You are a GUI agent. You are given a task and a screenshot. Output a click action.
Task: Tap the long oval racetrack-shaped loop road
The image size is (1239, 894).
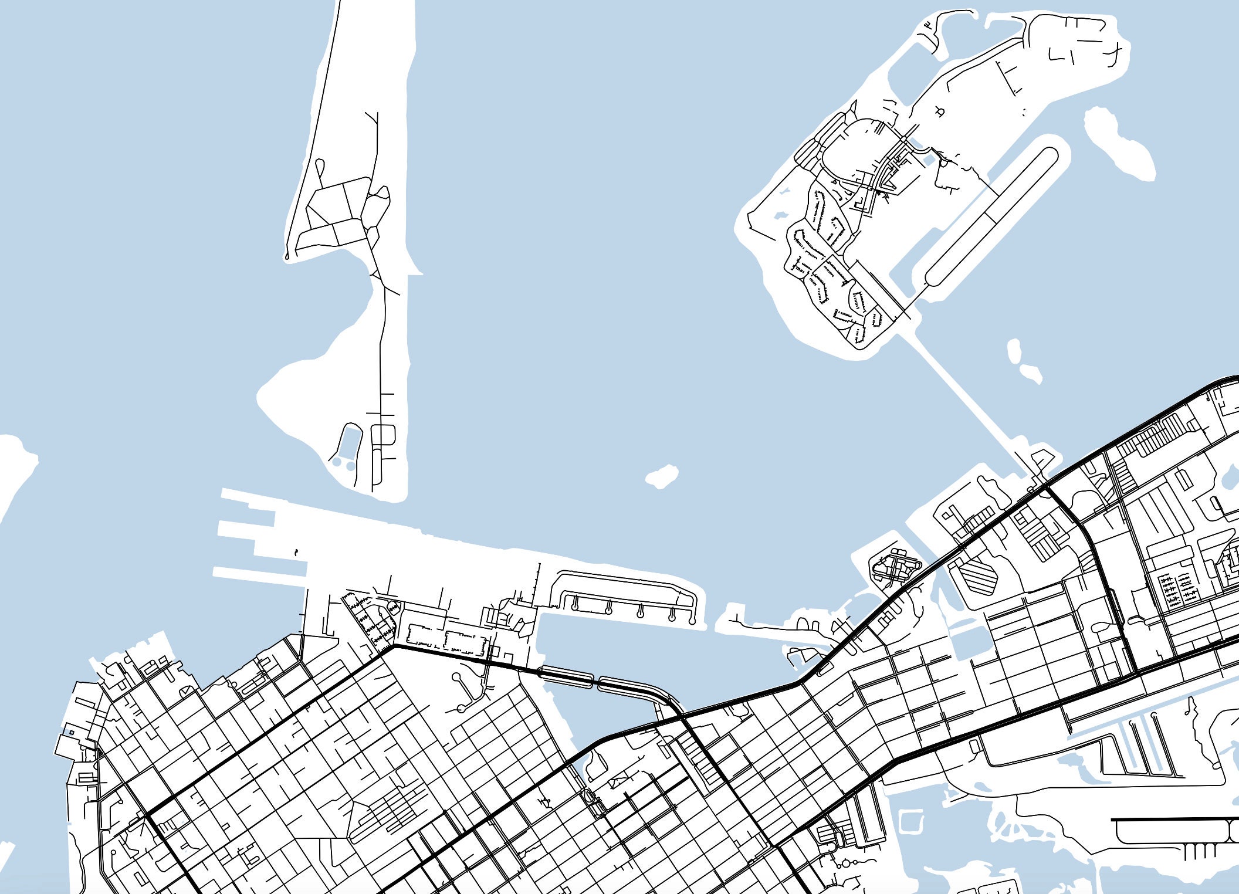point(991,216)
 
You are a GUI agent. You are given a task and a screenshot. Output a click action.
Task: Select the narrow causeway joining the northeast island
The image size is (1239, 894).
point(968,399)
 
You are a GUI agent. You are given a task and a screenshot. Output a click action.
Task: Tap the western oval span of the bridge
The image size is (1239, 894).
point(566,676)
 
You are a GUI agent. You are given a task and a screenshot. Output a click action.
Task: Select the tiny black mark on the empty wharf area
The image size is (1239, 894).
point(296,552)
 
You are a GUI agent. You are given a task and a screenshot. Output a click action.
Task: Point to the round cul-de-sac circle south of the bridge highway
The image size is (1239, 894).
point(457,677)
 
